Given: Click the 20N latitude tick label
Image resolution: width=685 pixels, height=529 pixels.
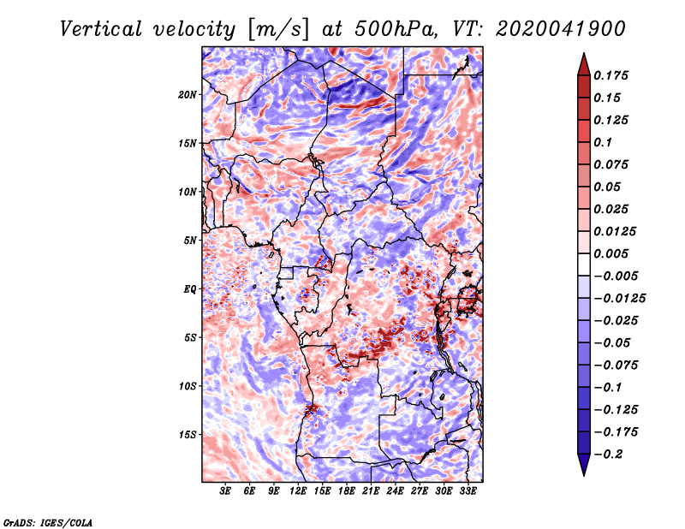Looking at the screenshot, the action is pyautogui.click(x=188, y=95).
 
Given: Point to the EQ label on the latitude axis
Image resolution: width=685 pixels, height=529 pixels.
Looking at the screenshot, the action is pyautogui.click(x=190, y=289).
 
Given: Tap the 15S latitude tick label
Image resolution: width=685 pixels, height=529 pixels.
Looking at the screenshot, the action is pyautogui.click(x=188, y=435).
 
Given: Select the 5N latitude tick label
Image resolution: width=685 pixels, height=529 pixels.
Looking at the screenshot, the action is pyautogui.click(x=190, y=241).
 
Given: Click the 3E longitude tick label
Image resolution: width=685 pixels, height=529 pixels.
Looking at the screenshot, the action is pyautogui.click(x=225, y=491).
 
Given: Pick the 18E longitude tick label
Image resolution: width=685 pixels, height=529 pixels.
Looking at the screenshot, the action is pyautogui.click(x=347, y=491).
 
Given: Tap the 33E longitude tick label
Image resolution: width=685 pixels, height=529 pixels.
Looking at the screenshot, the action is pyautogui.click(x=468, y=491).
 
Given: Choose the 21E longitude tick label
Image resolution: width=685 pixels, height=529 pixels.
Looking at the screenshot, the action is pyautogui.click(x=371, y=491).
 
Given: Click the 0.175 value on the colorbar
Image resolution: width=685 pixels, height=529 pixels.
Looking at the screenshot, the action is pyautogui.click(x=611, y=75).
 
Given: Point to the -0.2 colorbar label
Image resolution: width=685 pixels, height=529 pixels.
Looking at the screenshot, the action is pyautogui.click(x=608, y=455).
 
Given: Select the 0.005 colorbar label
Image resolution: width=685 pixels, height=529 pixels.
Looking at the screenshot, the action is pyautogui.click(x=611, y=253).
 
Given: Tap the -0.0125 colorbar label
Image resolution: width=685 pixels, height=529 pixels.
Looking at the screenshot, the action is pyautogui.click(x=619, y=299).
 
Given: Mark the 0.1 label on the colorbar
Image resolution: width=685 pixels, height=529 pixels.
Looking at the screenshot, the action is pyautogui.click(x=603, y=142).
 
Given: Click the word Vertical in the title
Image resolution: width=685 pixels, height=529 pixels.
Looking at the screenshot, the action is pyautogui.click(x=101, y=29).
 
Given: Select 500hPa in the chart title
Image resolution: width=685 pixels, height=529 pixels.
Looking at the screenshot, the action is pyautogui.click(x=396, y=29).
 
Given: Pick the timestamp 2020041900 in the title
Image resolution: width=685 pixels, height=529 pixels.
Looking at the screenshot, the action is pyautogui.click(x=561, y=29).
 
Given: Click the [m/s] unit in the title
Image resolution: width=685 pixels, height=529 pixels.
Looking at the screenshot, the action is pyautogui.click(x=278, y=29).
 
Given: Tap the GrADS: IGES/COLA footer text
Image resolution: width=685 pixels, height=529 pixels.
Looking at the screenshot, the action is pyautogui.click(x=48, y=522).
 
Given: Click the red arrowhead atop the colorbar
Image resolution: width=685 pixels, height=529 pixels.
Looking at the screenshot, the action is pyautogui.click(x=584, y=64).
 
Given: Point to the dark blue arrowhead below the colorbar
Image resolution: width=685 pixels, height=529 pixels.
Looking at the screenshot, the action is pyautogui.click(x=584, y=465).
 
